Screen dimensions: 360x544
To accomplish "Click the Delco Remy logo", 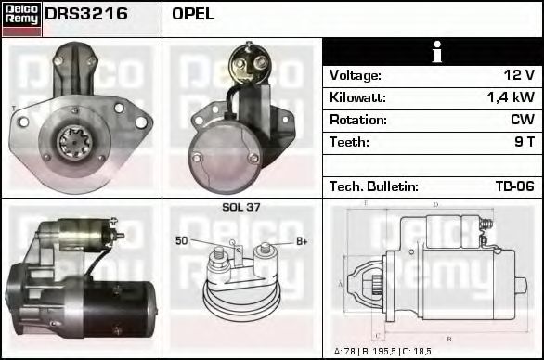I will [x=21, y=18].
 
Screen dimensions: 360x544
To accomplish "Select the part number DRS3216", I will [x=86, y=15].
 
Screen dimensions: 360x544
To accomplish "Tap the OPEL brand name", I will [x=193, y=15].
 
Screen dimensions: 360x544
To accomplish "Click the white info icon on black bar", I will [x=433, y=53].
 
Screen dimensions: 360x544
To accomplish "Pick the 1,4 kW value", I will [x=512, y=97].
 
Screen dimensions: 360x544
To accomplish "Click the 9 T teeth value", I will [x=525, y=142].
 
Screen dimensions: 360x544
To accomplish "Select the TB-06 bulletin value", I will [x=514, y=186].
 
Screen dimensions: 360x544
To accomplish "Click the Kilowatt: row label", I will [x=357, y=97].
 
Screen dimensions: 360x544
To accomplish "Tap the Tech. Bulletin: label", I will [x=373, y=186].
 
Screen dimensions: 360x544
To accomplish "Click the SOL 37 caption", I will [x=241, y=207].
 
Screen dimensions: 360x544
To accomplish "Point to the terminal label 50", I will [x=182, y=241].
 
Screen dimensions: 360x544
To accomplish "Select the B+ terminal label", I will [x=301, y=241].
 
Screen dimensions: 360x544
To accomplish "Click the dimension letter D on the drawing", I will [x=435, y=205].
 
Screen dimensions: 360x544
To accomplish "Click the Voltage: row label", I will [x=355, y=75].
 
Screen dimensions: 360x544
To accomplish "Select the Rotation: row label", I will [x=357, y=120].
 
